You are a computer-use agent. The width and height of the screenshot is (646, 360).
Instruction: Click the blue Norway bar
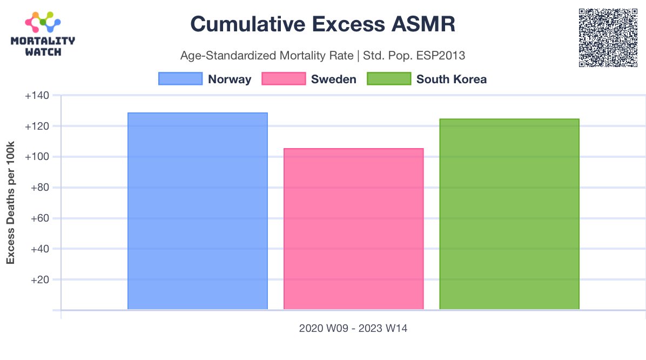[198, 211]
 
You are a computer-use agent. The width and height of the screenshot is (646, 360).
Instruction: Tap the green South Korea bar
[509, 214]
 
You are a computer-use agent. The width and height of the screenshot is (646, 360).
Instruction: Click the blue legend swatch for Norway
[180, 79]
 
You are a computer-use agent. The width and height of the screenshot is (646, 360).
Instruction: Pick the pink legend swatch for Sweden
[283, 79]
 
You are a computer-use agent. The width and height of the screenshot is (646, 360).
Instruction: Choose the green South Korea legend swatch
[388, 79]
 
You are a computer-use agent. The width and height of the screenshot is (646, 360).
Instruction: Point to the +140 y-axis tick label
[37, 96]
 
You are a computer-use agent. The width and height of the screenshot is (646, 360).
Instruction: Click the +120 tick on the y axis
[37, 126]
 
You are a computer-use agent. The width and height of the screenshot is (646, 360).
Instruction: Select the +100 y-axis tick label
[37, 157]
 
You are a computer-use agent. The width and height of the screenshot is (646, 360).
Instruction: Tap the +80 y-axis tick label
[39, 188]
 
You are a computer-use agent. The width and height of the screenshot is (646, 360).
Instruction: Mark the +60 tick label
[39, 218]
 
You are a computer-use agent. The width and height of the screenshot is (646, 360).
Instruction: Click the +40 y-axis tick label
[39, 249]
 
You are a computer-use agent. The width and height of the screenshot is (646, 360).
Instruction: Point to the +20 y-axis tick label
[39, 279]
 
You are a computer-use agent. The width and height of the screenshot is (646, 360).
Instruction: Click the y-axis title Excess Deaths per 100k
[10, 203]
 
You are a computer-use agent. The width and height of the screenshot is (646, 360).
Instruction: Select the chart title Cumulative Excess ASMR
[323, 24]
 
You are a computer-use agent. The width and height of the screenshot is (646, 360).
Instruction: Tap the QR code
[608, 38]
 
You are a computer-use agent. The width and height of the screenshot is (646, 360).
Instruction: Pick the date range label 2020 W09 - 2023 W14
[353, 328]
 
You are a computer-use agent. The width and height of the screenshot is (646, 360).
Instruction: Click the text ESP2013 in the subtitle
[441, 55]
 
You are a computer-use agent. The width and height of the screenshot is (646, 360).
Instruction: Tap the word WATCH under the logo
[43, 52]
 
